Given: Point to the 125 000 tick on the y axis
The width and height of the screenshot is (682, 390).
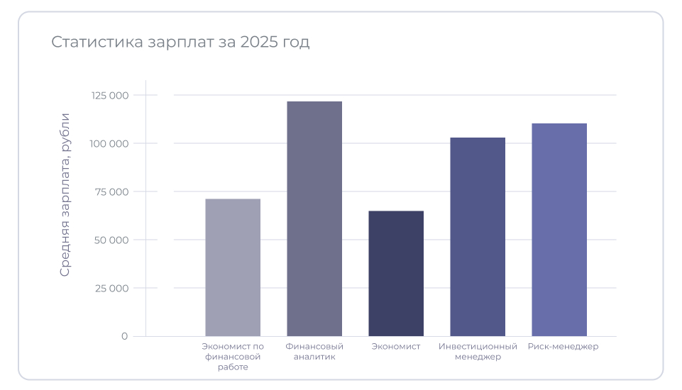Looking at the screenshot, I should (110, 95).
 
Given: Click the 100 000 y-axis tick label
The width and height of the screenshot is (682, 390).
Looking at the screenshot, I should (110, 143).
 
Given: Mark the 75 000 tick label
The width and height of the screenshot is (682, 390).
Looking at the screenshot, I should (111, 191).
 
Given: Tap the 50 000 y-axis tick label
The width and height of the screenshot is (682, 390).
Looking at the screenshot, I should (111, 240).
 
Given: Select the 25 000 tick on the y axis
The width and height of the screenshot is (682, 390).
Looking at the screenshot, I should (111, 288).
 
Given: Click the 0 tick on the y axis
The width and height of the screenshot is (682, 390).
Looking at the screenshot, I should (124, 336).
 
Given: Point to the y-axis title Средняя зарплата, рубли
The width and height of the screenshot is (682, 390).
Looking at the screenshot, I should (65, 194).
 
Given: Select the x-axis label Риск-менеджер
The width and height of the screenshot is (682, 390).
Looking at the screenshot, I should (563, 347).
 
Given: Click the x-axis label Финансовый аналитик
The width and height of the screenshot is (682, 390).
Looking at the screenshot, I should (314, 352).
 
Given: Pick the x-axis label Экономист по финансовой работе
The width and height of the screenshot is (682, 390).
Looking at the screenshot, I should (233, 357).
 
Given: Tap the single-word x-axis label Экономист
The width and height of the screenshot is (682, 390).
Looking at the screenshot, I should (396, 347).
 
